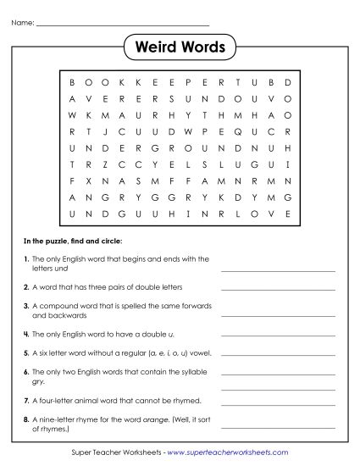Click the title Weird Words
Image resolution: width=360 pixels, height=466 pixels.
(180, 47)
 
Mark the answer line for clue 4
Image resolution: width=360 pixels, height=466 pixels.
(278, 327)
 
